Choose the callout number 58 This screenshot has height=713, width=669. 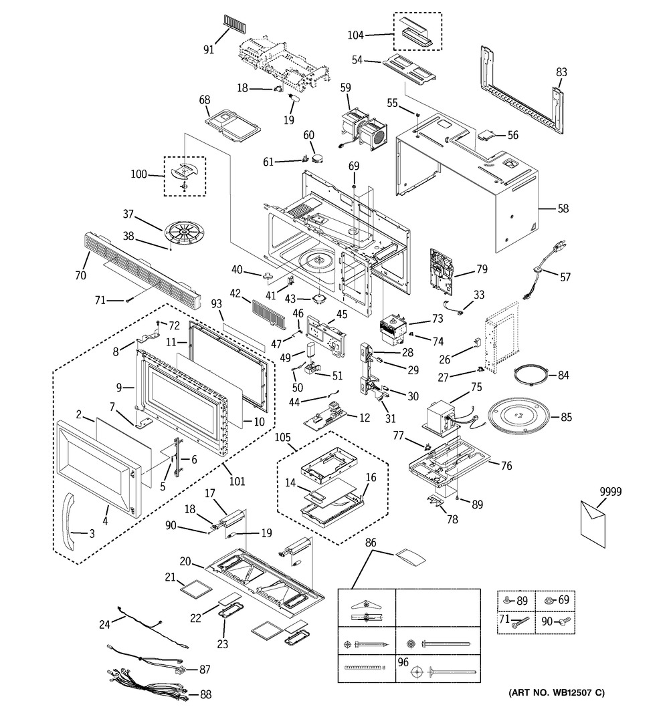(x=563, y=209)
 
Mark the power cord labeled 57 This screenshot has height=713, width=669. (x=540, y=276)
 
